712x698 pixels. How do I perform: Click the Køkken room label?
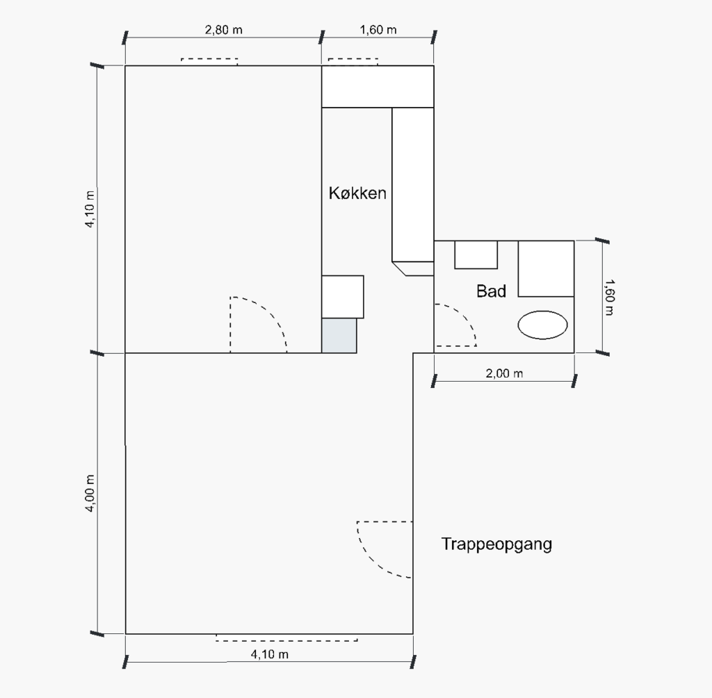point(357,193)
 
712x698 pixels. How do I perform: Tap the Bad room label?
point(491,291)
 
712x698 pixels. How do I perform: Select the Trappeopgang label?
point(496,544)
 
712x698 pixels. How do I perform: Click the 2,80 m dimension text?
point(223,30)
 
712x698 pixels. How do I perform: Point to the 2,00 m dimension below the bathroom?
point(504,374)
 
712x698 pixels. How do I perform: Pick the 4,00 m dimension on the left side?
point(90,493)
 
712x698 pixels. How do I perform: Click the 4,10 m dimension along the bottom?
point(269,654)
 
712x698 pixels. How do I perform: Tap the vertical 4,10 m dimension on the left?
point(90,209)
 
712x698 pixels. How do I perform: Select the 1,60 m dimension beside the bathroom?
point(609,298)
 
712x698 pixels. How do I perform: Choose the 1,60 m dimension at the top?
point(378,30)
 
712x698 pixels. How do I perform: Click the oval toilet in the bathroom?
point(542,325)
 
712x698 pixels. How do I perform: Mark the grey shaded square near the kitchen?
point(339,336)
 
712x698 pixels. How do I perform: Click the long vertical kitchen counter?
point(413,184)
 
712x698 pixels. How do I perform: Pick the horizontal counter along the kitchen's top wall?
point(378,87)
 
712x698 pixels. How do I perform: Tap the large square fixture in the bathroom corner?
point(546,269)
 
